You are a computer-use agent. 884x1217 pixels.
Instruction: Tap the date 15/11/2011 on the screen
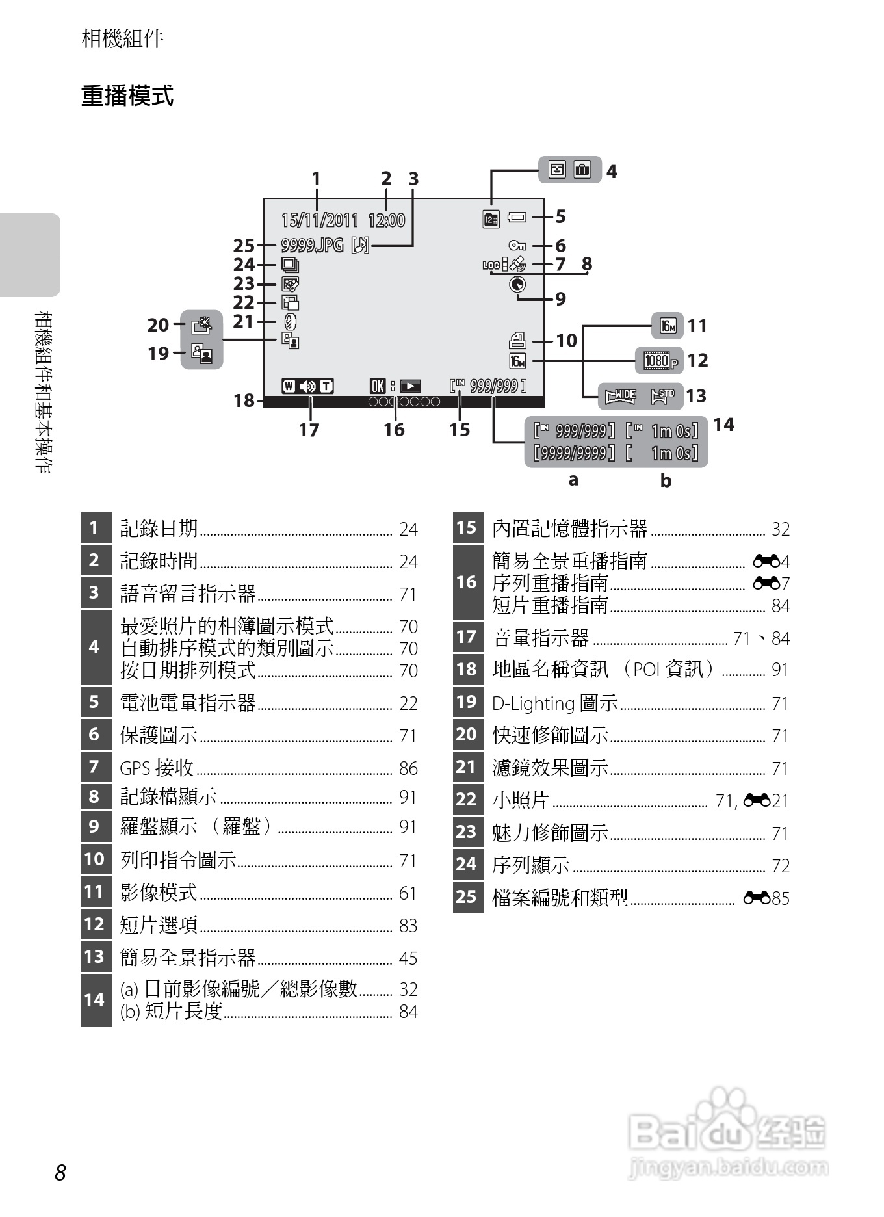click(x=319, y=220)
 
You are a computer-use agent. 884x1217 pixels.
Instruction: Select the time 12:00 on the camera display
click(x=386, y=220)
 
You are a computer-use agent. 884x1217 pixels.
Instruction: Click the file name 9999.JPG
click(x=312, y=245)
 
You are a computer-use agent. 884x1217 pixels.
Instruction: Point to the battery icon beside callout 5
click(x=517, y=217)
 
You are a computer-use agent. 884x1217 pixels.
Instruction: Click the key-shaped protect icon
click(x=517, y=245)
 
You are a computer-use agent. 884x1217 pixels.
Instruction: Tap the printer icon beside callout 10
click(x=517, y=341)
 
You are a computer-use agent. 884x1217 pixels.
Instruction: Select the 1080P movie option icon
click(x=660, y=360)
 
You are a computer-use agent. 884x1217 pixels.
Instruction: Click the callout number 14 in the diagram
click(x=723, y=425)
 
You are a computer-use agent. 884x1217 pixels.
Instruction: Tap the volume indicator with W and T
click(x=307, y=386)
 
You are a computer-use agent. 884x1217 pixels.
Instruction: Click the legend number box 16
click(x=467, y=582)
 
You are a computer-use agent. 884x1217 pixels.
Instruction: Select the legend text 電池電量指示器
click(x=188, y=703)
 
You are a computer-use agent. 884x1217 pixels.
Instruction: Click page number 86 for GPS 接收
click(x=408, y=768)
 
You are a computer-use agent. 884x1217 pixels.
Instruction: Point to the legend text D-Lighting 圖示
click(x=554, y=703)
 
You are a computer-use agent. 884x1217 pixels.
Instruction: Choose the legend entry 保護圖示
click(x=159, y=735)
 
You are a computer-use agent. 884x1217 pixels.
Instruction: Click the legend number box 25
click(x=467, y=897)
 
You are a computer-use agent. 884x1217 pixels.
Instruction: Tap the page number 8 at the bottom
click(x=60, y=1173)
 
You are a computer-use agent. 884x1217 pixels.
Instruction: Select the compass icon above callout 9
click(x=517, y=284)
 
